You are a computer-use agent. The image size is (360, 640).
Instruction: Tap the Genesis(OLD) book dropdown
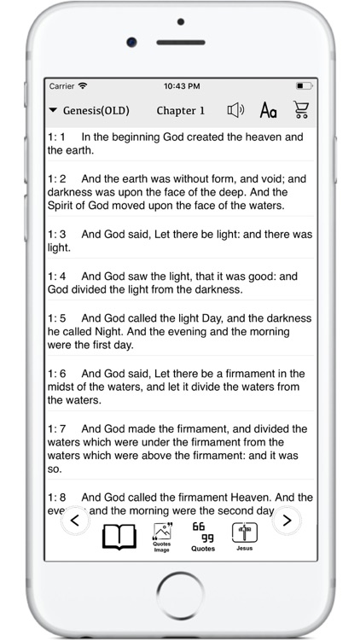(x=90, y=111)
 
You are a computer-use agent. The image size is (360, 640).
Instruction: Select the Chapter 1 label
(x=181, y=111)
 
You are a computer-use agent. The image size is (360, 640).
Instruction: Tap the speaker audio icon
(x=235, y=110)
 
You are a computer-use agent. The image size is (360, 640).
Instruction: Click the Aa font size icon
(x=268, y=110)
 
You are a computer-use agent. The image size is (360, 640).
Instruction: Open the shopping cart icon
(x=300, y=110)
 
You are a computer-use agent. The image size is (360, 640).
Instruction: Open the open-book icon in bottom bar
(x=119, y=537)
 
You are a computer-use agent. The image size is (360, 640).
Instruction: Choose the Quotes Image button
(x=162, y=537)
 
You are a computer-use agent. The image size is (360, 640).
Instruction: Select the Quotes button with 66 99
(x=203, y=537)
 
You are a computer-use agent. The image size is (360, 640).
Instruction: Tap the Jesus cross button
(x=245, y=537)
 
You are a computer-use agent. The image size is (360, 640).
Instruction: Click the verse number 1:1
(x=56, y=137)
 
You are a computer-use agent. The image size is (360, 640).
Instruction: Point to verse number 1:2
(x=56, y=178)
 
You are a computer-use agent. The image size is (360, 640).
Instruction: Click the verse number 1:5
(x=56, y=317)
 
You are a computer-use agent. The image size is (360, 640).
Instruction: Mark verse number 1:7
(x=56, y=429)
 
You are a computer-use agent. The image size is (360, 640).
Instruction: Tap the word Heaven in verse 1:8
(x=250, y=497)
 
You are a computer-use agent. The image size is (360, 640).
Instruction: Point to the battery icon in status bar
(x=305, y=86)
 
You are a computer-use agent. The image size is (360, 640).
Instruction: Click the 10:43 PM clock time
(x=181, y=86)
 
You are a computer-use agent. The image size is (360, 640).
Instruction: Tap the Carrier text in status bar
(x=61, y=86)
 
